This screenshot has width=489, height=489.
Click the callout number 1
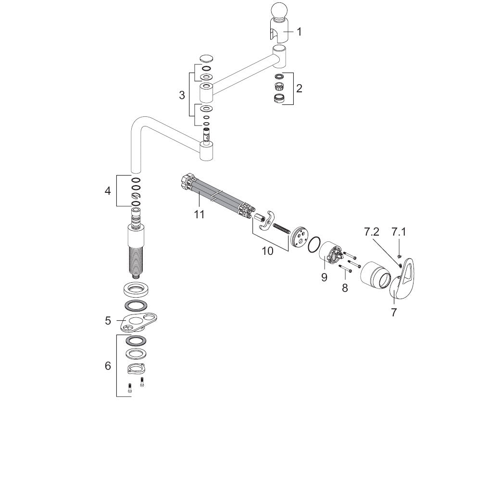click(x=299, y=32)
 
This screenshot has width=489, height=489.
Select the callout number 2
click(x=299, y=88)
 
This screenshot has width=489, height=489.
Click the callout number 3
click(x=182, y=95)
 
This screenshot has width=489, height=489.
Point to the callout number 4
click(x=108, y=190)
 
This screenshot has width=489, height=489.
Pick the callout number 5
click(x=108, y=321)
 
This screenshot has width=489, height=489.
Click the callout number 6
click(x=108, y=366)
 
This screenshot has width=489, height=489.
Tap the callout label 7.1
click(x=399, y=232)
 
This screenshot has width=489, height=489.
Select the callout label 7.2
click(x=371, y=232)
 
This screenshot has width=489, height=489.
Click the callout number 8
click(x=345, y=288)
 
